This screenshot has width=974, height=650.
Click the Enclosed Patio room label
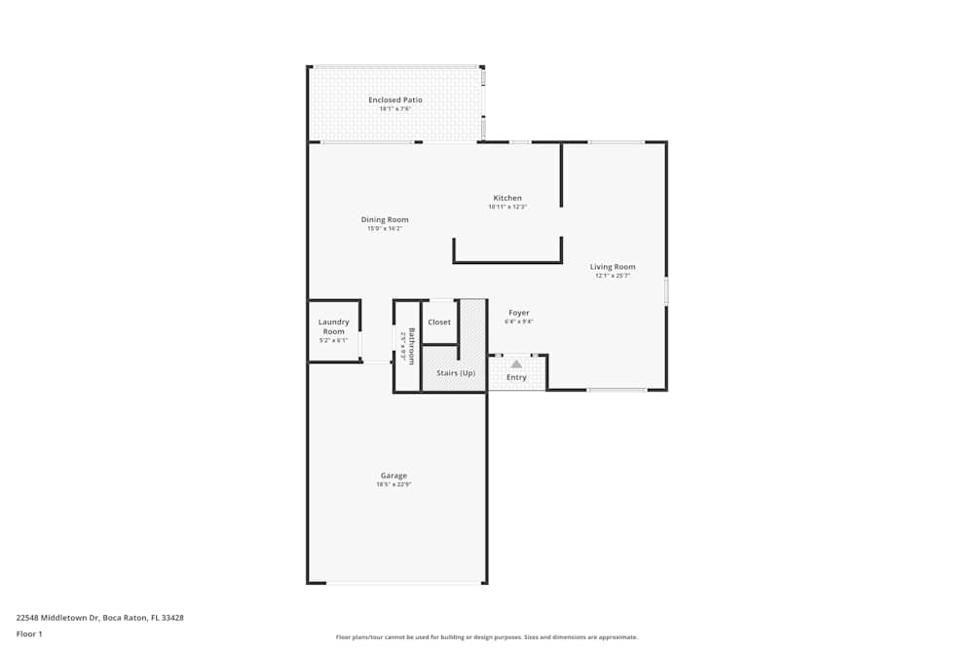coord(394,100)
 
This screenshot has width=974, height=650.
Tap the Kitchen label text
coord(506,198)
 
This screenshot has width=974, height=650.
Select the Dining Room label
coord(385,219)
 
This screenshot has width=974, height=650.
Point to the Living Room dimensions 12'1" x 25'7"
coord(613,276)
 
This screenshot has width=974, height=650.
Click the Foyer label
coord(518,313)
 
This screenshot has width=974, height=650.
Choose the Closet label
coord(439,322)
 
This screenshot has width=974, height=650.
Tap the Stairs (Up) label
coord(455,373)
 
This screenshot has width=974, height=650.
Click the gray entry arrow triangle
coord(516,363)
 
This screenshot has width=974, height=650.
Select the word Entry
coord(516,377)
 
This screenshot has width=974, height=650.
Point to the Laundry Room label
coord(333,326)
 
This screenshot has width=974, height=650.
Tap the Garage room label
coord(393,476)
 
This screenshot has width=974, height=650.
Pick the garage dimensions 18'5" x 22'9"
coord(393,484)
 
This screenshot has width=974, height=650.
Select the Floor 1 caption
coord(29,633)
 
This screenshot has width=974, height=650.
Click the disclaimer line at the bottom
coord(487,637)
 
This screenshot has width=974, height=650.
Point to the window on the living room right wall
coord(666,291)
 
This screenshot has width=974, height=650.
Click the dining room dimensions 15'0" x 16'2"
coord(385,228)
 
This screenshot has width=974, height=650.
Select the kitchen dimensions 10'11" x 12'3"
coord(506,207)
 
